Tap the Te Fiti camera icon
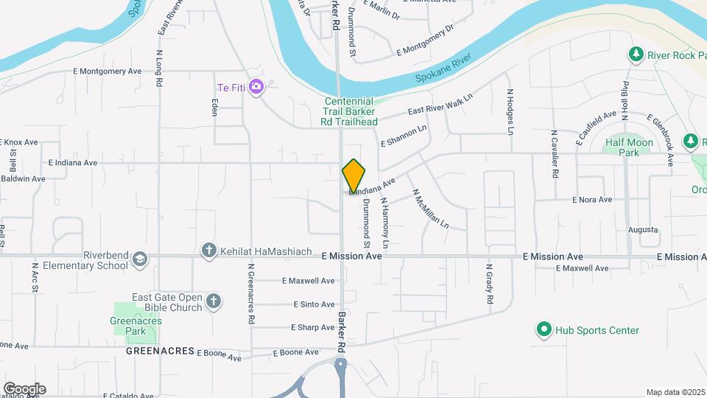[256, 87]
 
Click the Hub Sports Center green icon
[544, 329]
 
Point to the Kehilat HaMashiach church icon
[209, 251]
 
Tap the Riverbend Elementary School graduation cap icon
[140, 259]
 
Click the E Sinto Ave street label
[314, 304]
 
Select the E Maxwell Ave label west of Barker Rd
[309, 281]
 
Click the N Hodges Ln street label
[509, 111]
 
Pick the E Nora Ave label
[592, 200]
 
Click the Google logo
[24, 388]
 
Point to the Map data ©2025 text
[675, 392]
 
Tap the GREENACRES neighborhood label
[160, 352]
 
